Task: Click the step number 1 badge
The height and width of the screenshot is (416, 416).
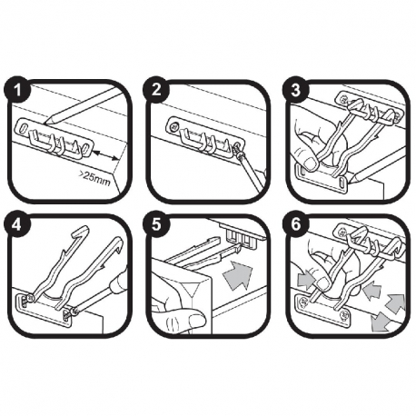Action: click(x=18, y=90)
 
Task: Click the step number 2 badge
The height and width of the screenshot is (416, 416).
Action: click(x=156, y=90)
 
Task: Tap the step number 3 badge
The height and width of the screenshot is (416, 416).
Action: click(x=295, y=90)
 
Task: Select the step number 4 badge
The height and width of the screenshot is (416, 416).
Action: click(x=18, y=225)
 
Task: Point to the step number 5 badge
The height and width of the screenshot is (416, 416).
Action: click(x=156, y=225)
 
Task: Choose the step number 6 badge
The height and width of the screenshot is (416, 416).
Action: click(x=295, y=225)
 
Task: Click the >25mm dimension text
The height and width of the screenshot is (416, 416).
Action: click(x=94, y=179)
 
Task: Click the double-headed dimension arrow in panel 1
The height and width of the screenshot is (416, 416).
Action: click(x=105, y=156)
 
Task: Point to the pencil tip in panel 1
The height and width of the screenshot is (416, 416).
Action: click(x=45, y=124)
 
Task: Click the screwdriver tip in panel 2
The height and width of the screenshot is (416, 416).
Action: click(x=239, y=153)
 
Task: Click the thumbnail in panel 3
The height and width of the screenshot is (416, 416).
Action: click(x=310, y=163)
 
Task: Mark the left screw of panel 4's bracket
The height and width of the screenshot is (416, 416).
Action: click(x=29, y=298)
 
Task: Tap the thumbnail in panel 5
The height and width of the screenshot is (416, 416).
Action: click(x=196, y=319)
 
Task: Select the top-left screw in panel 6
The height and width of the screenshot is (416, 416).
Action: click(x=342, y=233)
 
